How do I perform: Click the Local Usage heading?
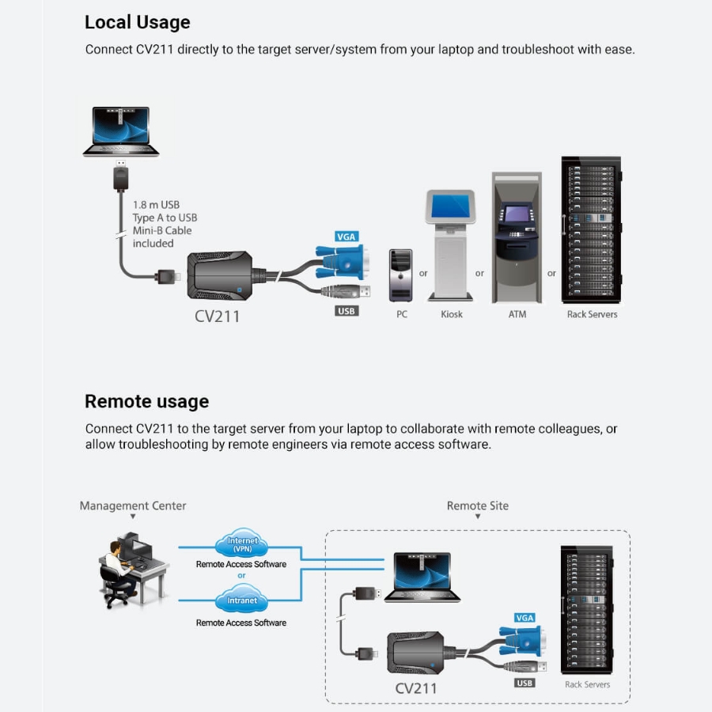pos(137,22)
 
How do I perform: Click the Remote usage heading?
pos(146,401)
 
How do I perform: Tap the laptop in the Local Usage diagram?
pos(121,131)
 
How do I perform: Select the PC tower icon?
pos(401,275)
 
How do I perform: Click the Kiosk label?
pos(452,314)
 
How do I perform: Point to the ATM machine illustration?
pos(517,237)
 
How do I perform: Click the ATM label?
pos(517,314)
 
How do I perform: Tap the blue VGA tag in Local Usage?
pos(347,237)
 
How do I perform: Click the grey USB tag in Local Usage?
pos(347,311)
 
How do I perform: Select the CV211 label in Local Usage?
pos(217,316)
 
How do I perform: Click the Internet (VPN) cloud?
pos(241,543)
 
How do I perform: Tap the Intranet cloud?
pos(241,599)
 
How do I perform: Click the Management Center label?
pos(133,506)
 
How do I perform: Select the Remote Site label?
pos(477,506)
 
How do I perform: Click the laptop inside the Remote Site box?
pos(422,578)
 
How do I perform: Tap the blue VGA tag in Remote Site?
pos(525,618)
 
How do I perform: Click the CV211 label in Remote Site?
pos(415,688)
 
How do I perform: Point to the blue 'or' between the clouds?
pos(241,575)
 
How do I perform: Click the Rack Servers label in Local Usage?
pos(592,314)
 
